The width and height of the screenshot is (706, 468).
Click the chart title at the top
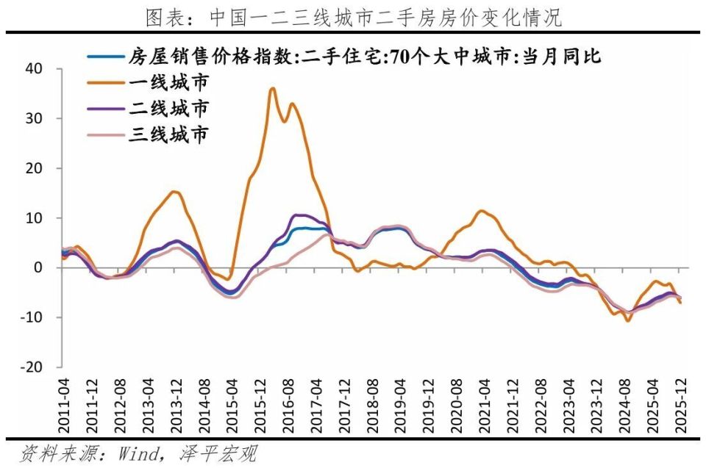click(x=353, y=17)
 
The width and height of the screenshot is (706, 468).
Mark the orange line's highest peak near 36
click(x=273, y=88)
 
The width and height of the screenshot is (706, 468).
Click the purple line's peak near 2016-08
click(x=296, y=215)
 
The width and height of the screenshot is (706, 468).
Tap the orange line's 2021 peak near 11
click(x=481, y=211)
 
